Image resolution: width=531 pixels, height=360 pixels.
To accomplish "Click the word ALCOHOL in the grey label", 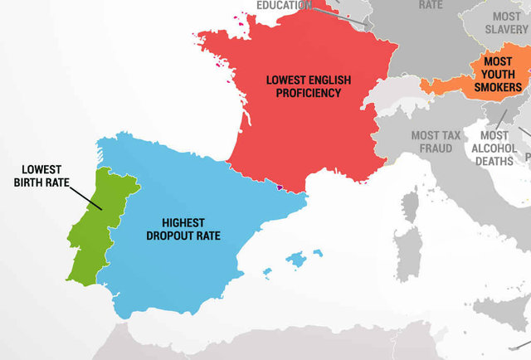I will (494, 148).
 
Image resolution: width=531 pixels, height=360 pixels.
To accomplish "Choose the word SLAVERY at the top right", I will (506, 29).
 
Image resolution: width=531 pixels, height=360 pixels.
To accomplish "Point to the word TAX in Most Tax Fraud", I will (456, 136).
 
